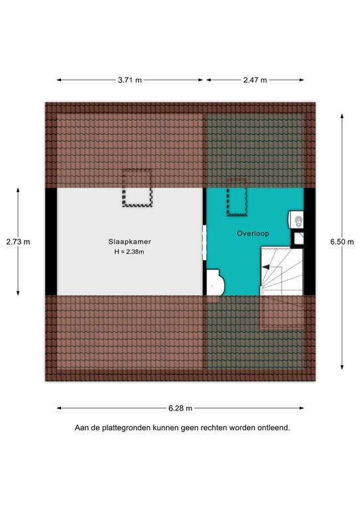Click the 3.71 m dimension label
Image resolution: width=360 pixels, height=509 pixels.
pos(130,80)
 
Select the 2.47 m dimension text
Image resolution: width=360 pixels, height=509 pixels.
pos(255,80)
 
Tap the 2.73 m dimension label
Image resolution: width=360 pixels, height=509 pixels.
pos(18,241)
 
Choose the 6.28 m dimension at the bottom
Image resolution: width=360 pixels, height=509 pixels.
pos(180,408)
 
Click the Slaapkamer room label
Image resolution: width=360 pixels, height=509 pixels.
pos(127,241)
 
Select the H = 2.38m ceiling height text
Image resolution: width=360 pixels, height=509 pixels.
pos(129,252)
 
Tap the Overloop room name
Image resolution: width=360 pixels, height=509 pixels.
pos(252,234)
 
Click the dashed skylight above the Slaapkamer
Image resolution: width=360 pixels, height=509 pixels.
pos(137,188)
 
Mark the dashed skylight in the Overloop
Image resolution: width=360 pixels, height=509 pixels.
pos(237,197)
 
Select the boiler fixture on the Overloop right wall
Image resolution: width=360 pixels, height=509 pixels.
pos(297,219)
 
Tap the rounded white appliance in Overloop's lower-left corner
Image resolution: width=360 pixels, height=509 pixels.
pos(214,282)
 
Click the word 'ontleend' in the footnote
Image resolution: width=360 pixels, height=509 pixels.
pos(273,428)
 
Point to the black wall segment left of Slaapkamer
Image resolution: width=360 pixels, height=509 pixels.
pos(50,241)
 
